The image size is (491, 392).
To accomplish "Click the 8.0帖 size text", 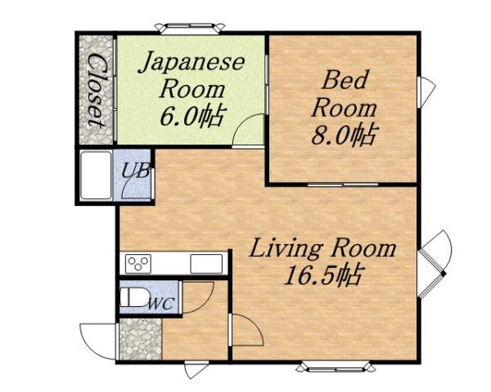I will [x=344, y=134].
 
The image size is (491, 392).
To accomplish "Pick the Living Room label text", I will [x=322, y=247].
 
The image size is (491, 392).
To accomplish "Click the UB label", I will [x=133, y=171].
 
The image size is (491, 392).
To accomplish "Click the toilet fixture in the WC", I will [x=133, y=297].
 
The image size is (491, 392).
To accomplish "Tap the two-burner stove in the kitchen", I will [x=137, y=263].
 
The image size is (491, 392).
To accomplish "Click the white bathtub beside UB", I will [x=95, y=176].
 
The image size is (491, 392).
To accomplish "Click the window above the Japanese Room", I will [x=190, y=28].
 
